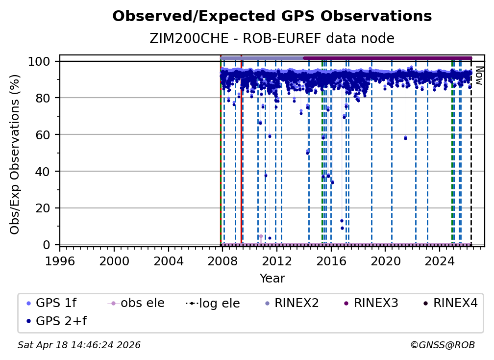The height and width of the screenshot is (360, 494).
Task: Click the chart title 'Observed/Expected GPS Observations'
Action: (x=272, y=17)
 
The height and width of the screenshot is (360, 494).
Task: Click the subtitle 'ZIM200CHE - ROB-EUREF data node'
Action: (x=272, y=39)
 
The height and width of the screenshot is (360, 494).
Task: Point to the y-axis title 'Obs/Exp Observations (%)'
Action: (x=15, y=154)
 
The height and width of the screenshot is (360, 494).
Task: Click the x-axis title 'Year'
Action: (x=272, y=279)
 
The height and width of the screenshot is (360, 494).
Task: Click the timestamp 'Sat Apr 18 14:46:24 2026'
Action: (x=79, y=345)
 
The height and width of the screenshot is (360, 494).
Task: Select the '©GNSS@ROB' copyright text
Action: (x=442, y=345)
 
